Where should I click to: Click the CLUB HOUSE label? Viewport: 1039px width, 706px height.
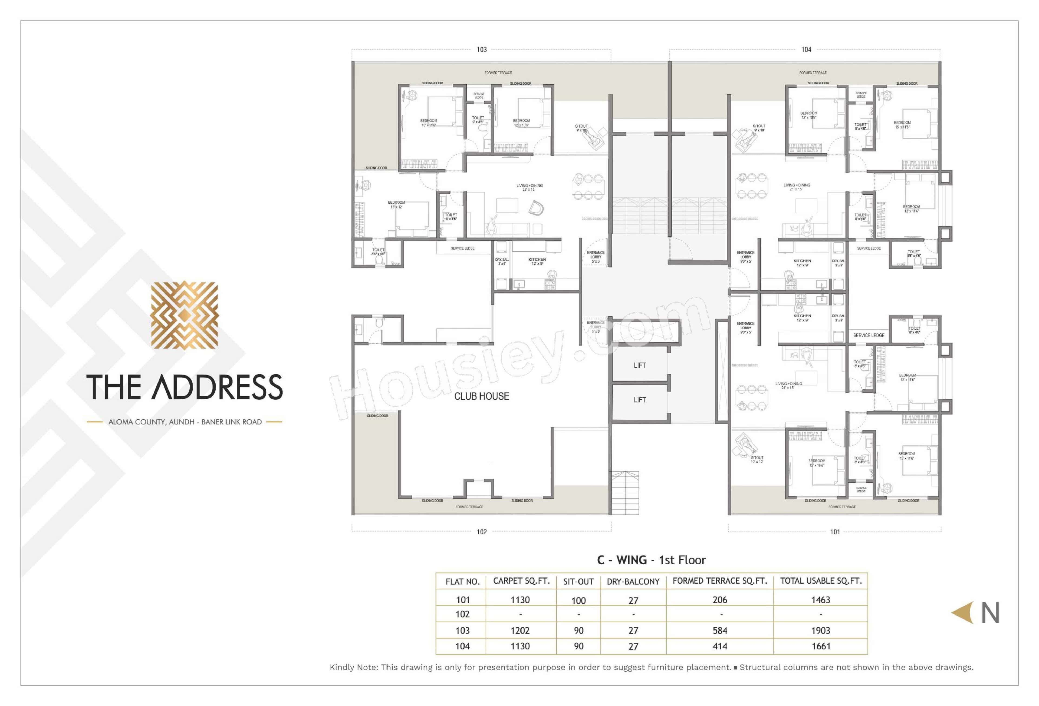click(x=482, y=396)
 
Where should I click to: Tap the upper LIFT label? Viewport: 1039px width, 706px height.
click(x=639, y=366)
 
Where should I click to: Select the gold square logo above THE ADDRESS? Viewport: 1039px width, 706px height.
click(x=184, y=315)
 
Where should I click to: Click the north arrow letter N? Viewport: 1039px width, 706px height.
click(x=990, y=613)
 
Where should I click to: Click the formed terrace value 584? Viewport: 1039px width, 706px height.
click(x=719, y=631)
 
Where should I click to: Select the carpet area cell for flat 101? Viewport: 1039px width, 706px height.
click(x=520, y=600)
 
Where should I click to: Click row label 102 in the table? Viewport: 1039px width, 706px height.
click(x=462, y=614)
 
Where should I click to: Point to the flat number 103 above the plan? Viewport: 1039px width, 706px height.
click(x=482, y=49)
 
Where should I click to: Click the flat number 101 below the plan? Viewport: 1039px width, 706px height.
click(x=835, y=532)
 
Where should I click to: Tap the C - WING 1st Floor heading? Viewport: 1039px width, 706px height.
click(x=651, y=560)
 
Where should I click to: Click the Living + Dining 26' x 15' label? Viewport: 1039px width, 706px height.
click(x=529, y=187)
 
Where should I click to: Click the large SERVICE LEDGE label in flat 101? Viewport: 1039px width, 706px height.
click(x=868, y=336)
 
